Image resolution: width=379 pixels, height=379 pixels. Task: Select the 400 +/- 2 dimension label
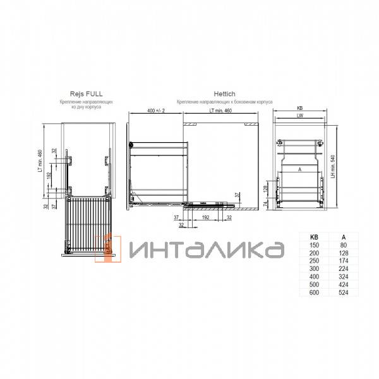(155, 111)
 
